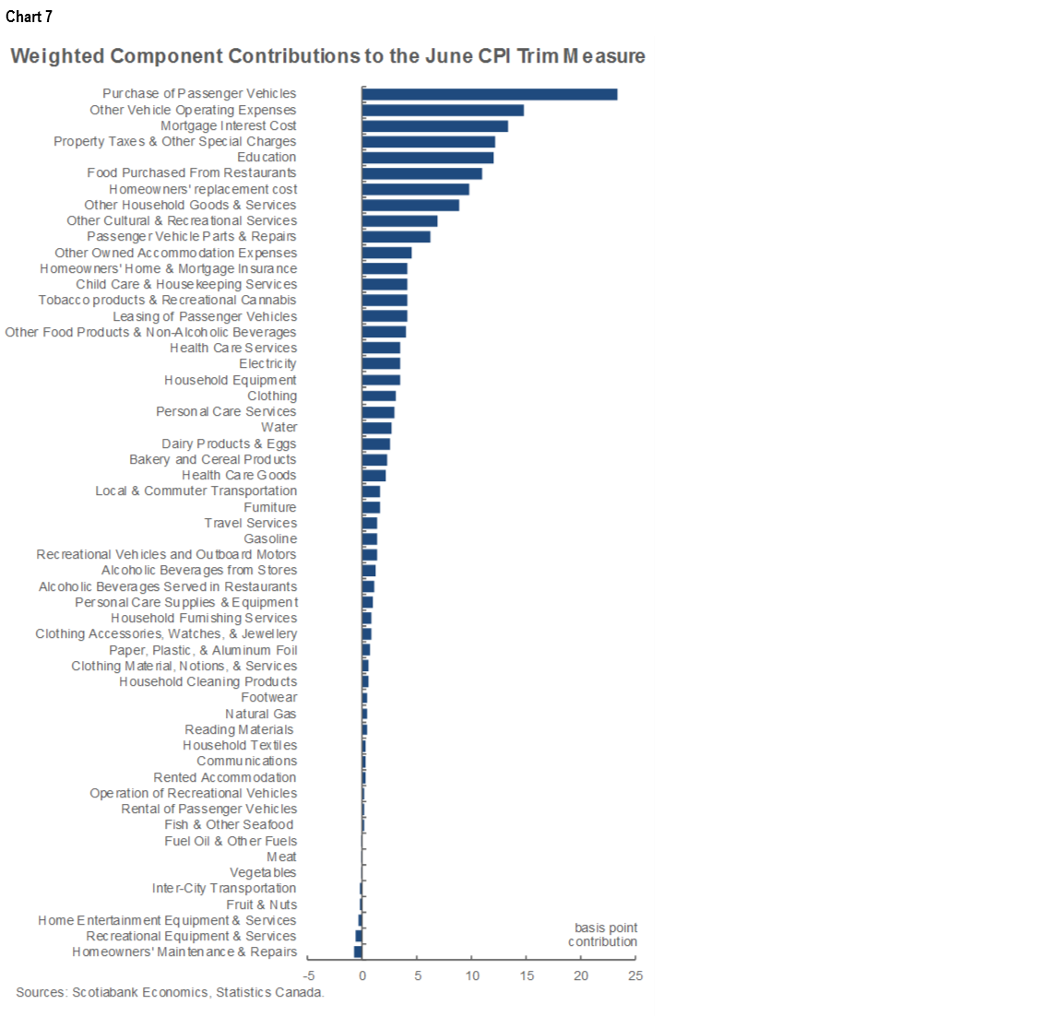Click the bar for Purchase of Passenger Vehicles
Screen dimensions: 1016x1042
[x=490, y=94]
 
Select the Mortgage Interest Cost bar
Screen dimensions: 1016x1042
[x=435, y=126]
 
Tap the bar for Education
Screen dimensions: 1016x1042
[x=428, y=158]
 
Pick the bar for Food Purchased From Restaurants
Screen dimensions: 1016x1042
[x=422, y=173]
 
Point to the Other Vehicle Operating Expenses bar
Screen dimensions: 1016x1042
[x=443, y=111]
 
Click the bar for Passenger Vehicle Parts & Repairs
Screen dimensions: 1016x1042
[x=397, y=237]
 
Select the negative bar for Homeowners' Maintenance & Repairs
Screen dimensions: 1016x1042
[x=358, y=952]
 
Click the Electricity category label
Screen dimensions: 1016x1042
[x=267, y=364]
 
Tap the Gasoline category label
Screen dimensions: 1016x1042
[x=270, y=539]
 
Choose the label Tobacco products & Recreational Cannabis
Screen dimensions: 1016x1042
[x=168, y=301]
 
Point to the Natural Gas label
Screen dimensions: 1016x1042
[x=261, y=714]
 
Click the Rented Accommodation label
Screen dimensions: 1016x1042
[x=225, y=777]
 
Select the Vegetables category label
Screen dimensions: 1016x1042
[x=263, y=873]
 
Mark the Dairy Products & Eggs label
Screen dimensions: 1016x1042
[x=229, y=443]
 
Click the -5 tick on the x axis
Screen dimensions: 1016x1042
[x=310, y=976]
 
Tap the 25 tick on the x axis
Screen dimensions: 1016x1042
[x=635, y=976]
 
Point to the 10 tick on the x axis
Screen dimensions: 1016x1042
[x=472, y=976]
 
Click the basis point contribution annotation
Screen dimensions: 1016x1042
[x=604, y=935]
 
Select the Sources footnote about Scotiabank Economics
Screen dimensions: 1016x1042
[x=170, y=993]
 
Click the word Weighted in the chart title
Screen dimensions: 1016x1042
[x=57, y=56]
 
